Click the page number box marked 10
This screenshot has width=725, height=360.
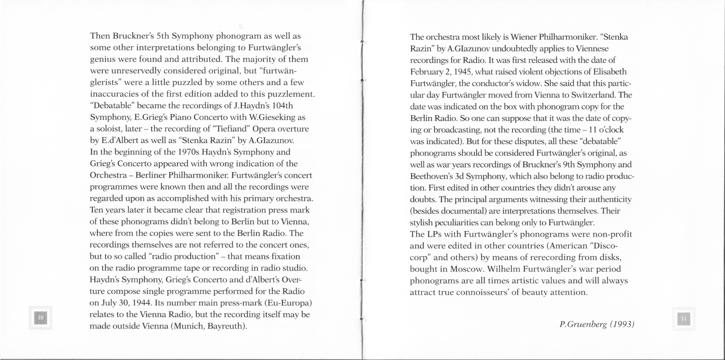[x=41, y=318]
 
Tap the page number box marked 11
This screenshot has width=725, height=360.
[x=684, y=319]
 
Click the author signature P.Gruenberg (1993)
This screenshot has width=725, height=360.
[x=597, y=324]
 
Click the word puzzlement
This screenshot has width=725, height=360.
[x=290, y=94]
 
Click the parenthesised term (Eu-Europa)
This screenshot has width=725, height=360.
[x=288, y=303]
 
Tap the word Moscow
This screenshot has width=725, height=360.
[x=467, y=269]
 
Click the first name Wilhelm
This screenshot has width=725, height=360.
[x=505, y=269]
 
